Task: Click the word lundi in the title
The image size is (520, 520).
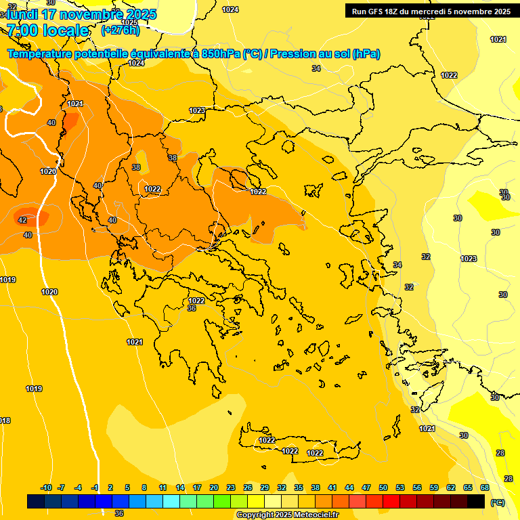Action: [x=21, y=14]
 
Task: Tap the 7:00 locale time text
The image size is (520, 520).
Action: [x=47, y=30]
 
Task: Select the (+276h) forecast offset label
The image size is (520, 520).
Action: [x=120, y=30]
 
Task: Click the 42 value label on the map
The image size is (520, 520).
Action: [x=22, y=220]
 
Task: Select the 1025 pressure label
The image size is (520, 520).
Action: [x=129, y=22]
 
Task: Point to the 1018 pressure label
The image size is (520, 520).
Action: [x=5, y=420]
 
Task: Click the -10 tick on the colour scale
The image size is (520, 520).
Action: [x=46, y=487]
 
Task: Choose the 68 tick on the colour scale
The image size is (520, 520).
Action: [x=485, y=487]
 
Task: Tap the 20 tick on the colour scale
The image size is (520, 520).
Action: [x=214, y=487]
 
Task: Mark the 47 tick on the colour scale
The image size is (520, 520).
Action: [x=366, y=487]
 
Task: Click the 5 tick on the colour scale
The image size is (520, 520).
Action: [x=127, y=487]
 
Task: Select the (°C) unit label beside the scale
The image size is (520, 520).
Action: [x=497, y=502]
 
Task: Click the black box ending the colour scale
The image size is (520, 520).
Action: [x=476, y=501]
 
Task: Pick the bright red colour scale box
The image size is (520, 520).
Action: [x=391, y=501]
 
